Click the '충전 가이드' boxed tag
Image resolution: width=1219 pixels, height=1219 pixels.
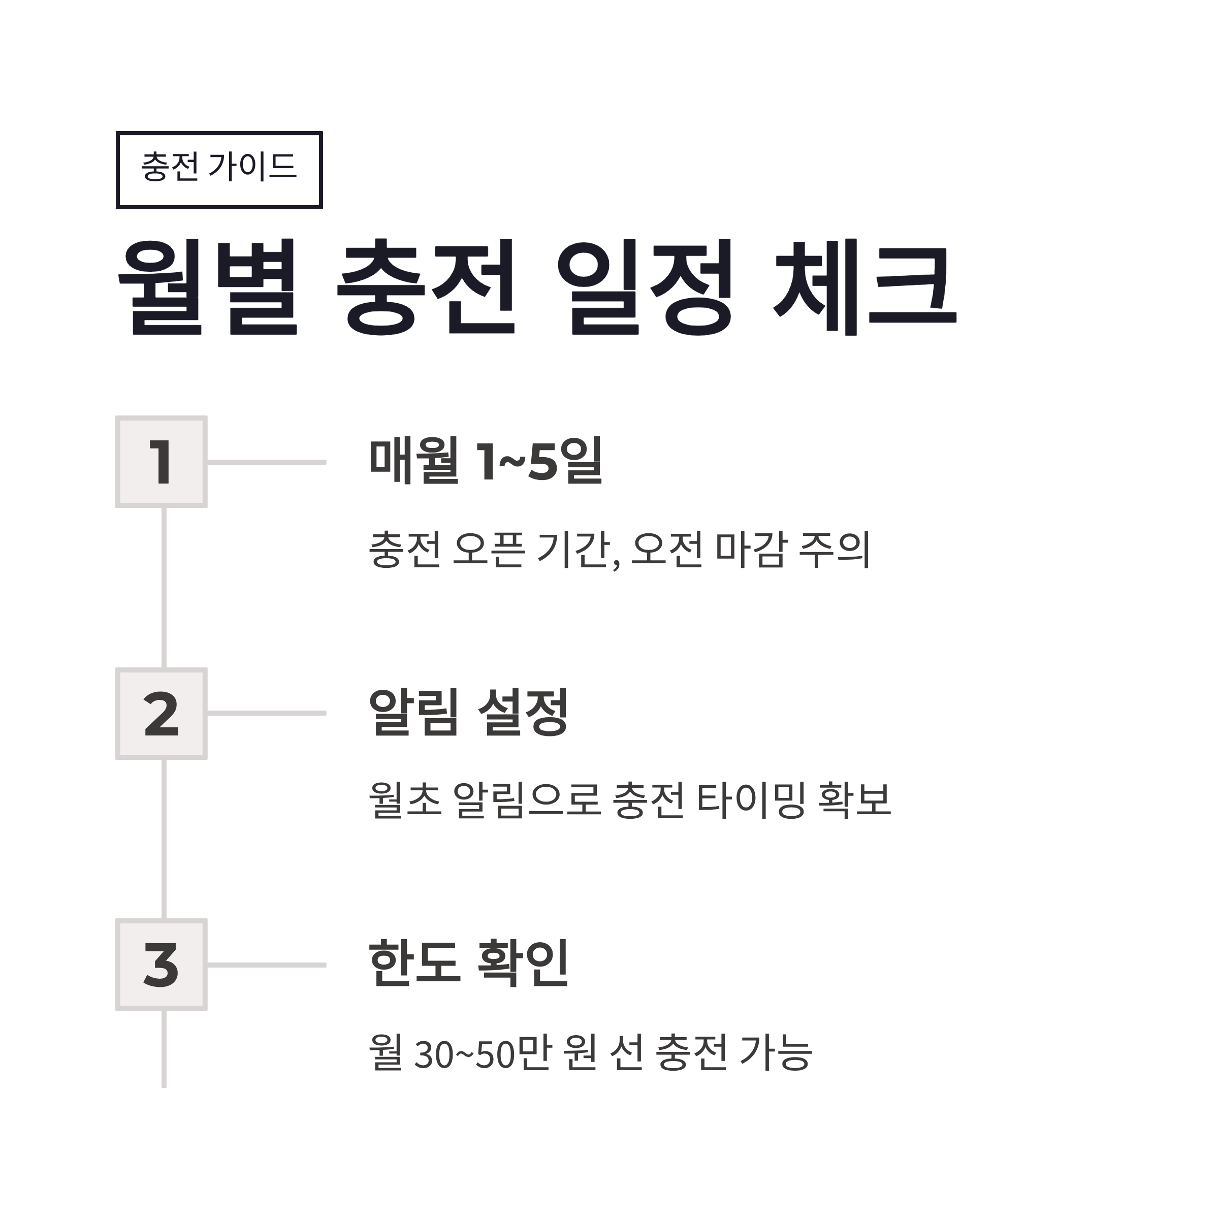pyautogui.click(x=219, y=170)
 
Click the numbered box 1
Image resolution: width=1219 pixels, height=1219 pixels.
pyautogui.click(x=162, y=462)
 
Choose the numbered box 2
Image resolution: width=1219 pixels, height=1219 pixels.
pyautogui.click(x=162, y=714)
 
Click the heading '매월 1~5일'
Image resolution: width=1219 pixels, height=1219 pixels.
pyautogui.click(x=486, y=461)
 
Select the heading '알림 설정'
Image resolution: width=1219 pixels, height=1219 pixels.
pyautogui.click(x=468, y=713)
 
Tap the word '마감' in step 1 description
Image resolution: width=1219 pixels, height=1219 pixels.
pyautogui.click(x=751, y=550)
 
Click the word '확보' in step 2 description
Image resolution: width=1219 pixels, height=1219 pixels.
pyautogui.click(x=854, y=800)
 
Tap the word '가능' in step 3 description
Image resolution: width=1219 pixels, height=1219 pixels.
pyautogui.click(x=776, y=1052)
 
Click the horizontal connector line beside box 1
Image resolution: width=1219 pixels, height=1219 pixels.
pyautogui.click(x=266, y=462)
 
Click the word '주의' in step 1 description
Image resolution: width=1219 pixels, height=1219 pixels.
pyautogui.click(x=834, y=550)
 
